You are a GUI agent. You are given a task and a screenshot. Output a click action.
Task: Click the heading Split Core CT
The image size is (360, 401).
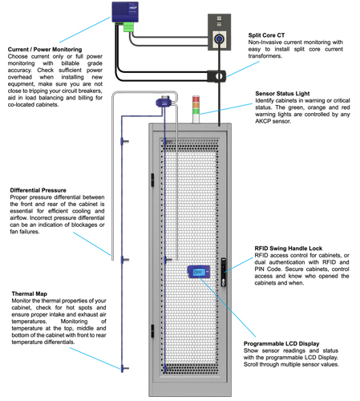(x=266, y=35)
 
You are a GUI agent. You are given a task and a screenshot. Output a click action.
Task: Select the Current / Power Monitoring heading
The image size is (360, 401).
(x=45, y=50)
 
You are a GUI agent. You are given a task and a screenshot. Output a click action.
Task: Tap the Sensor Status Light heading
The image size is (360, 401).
(x=282, y=94)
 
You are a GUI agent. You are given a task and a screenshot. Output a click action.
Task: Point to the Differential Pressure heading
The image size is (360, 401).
(x=38, y=190)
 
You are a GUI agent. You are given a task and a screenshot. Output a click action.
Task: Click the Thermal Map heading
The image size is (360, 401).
(x=30, y=294)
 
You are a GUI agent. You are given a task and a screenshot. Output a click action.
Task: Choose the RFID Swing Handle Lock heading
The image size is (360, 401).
(x=289, y=249)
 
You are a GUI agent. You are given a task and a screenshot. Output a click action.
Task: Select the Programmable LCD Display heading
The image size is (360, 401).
(x=281, y=343)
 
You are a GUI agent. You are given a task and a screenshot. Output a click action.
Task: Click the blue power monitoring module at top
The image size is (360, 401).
(x=125, y=12)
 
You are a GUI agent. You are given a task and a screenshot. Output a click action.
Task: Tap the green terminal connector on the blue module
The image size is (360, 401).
(x=128, y=27)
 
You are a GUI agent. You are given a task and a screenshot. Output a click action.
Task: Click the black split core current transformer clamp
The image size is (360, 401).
(x=216, y=76)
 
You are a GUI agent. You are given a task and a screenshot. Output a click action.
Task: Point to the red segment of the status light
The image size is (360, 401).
(x=196, y=99)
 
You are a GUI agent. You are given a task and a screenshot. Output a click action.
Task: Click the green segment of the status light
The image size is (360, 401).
(x=196, y=111)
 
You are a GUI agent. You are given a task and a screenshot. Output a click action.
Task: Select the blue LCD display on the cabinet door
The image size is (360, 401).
(x=199, y=272)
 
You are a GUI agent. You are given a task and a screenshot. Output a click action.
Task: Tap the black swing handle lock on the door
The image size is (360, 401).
(x=224, y=272)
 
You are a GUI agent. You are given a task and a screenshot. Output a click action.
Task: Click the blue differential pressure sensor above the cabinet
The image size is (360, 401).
(x=164, y=102)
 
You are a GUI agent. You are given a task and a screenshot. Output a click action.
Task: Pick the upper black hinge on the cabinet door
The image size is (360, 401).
(x=152, y=180)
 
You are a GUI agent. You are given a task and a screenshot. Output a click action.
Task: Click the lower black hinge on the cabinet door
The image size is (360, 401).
(x=152, y=330)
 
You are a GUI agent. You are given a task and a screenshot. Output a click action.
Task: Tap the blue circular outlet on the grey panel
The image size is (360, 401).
(x=219, y=39)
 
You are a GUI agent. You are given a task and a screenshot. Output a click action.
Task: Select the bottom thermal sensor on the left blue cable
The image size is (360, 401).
(x=123, y=368)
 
